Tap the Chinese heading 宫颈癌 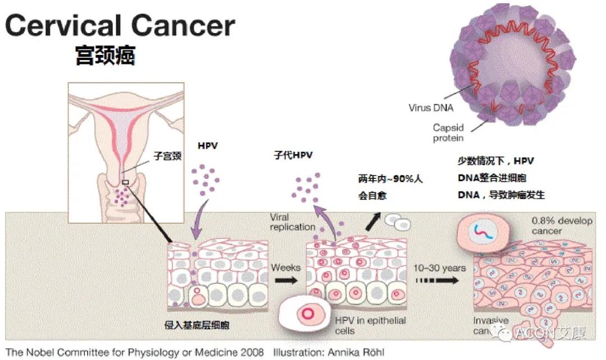[x=105, y=55]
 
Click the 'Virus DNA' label [x=431, y=108]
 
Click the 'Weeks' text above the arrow [x=286, y=267]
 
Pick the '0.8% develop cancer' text [x=562, y=225]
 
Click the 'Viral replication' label [x=292, y=222]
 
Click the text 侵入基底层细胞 [x=197, y=325]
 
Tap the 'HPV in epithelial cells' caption [x=370, y=325]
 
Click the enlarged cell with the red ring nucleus [x=306, y=312]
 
